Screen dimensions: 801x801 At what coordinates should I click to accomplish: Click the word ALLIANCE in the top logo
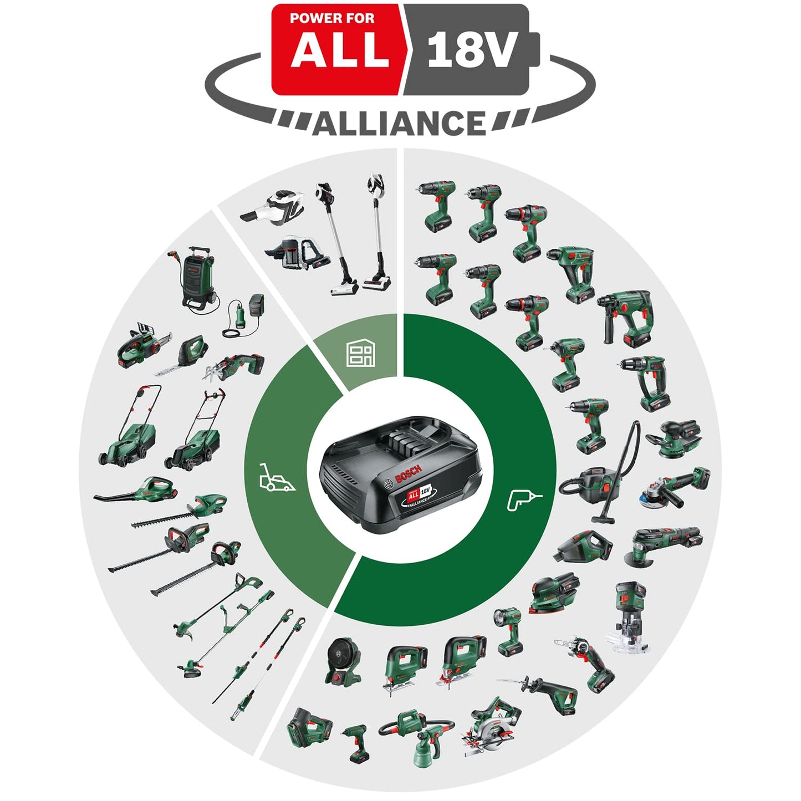399,123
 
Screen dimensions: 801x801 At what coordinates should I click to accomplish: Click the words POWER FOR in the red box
331,18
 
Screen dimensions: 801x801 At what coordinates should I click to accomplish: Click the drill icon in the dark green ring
523,498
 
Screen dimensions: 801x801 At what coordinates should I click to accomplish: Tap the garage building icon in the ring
360,353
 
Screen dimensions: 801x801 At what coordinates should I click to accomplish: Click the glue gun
355,741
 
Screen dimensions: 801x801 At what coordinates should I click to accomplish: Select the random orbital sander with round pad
674,438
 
